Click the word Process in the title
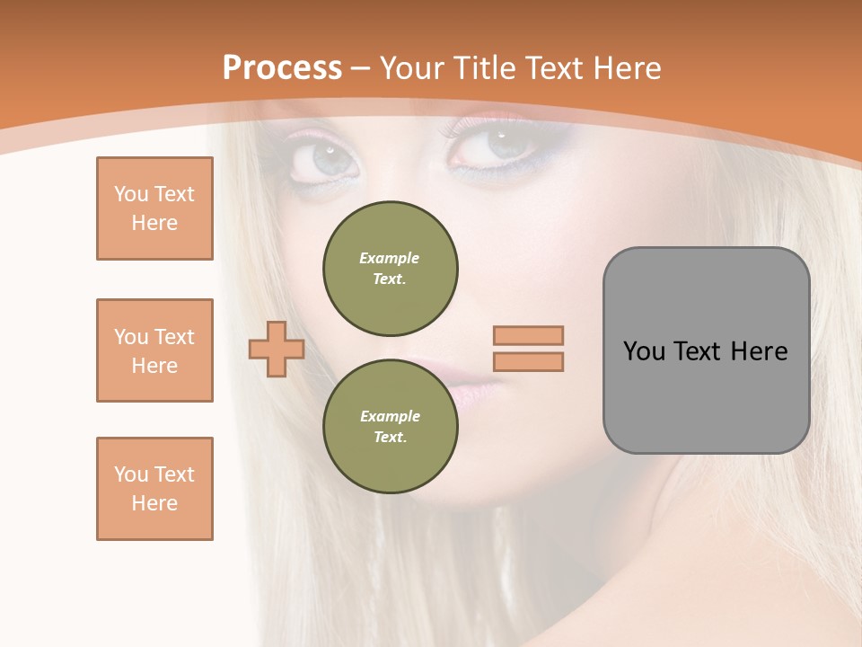point(282,68)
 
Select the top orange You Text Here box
point(154,208)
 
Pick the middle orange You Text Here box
point(154,350)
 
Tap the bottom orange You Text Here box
point(154,489)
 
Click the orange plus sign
point(277,349)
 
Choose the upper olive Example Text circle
point(391,269)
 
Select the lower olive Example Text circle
point(391,427)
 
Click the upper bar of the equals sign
point(529,335)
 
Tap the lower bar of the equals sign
point(529,361)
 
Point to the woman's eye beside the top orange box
point(326,160)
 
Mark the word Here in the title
point(626,68)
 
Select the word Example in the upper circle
point(390,258)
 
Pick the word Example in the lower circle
point(390,416)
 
